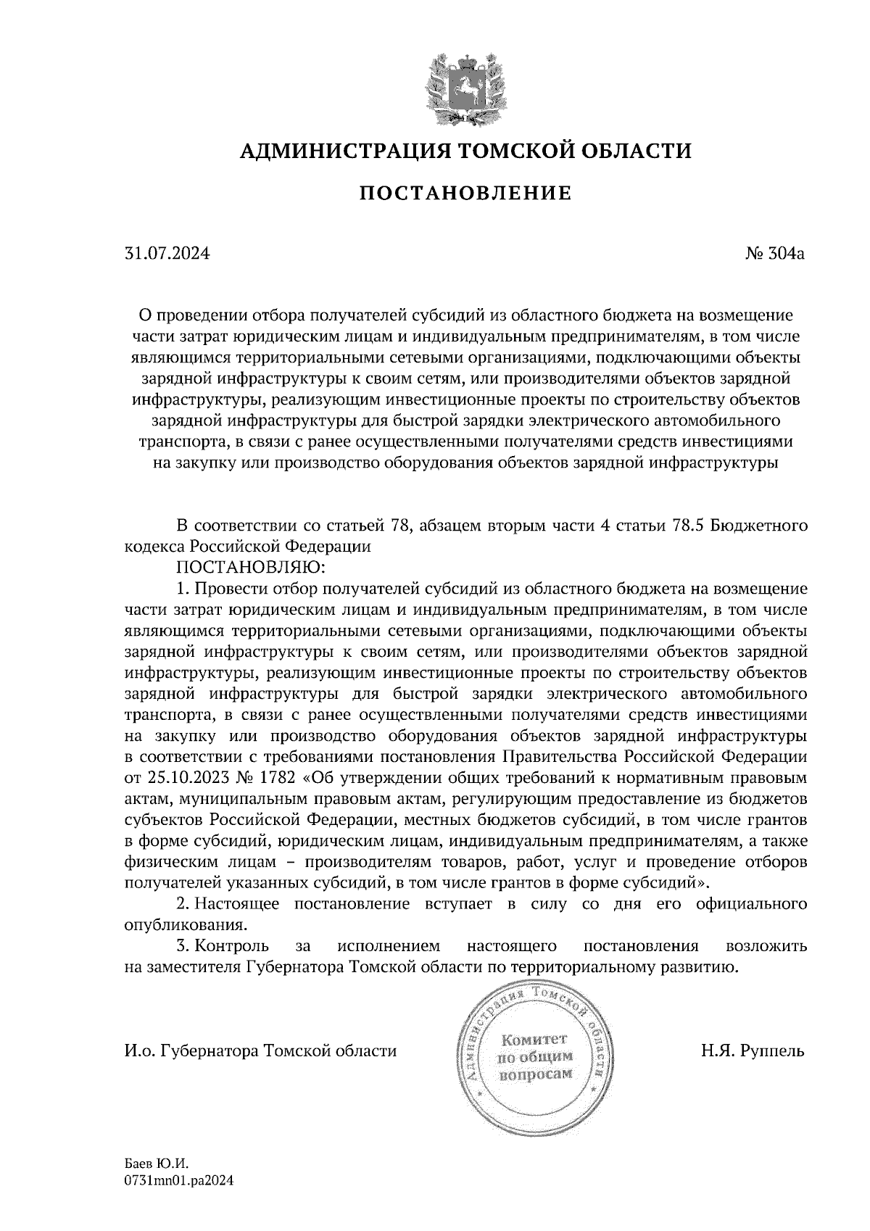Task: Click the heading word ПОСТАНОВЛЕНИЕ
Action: pyautogui.click(x=465, y=194)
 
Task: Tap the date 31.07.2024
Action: pyautogui.click(x=167, y=254)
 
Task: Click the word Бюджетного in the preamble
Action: pyautogui.click(x=758, y=525)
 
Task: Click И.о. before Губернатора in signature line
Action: pyautogui.click(x=139, y=1050)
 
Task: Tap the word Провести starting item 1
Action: pyautogui.click(x=225, y=587)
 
